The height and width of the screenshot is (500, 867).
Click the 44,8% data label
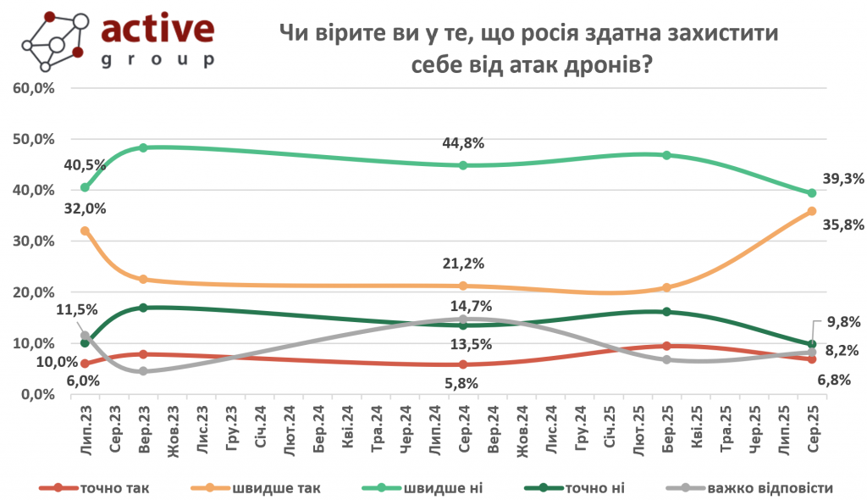[x=463, y=143]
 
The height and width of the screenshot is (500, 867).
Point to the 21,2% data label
[x=463, y=269]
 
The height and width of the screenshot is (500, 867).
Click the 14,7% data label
[x=463, y=306]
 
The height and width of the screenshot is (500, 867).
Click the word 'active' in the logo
[x=157, y=31]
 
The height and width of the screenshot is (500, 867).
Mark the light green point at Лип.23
[x=85, y=187]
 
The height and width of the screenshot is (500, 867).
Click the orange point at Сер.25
[x=811, y=211]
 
